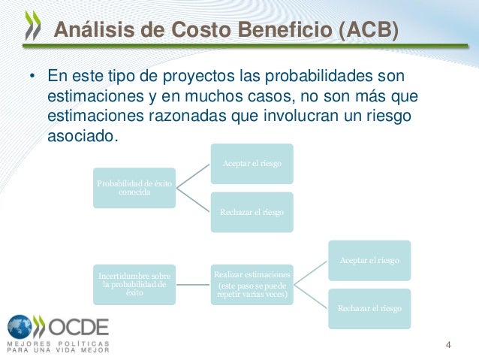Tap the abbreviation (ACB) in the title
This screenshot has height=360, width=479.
(x=366, y=29)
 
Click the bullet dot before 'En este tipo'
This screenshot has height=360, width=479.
(x=32, y=78)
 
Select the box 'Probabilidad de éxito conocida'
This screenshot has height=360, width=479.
(x=134, y=187)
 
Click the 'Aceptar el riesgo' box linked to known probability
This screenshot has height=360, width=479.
(x=252, y=163)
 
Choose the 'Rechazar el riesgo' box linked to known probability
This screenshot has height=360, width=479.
(x=252, y=212)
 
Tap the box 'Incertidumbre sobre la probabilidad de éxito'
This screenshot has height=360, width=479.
(x=134, y=284)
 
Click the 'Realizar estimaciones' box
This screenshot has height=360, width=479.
(x=252, y=284)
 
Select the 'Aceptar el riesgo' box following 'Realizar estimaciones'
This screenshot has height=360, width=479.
(x=369, y=260)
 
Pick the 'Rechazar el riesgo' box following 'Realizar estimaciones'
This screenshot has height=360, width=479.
(x=369, y=308)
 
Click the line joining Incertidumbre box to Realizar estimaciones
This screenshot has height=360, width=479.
(x=193, y=284)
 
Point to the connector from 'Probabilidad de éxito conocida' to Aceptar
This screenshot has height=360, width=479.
(x=193, y=176)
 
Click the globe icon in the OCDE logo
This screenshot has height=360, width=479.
(x=21, y=328)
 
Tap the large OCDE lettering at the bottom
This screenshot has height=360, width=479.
(x=79, y=328)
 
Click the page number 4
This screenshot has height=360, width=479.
(x=448, y=345)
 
